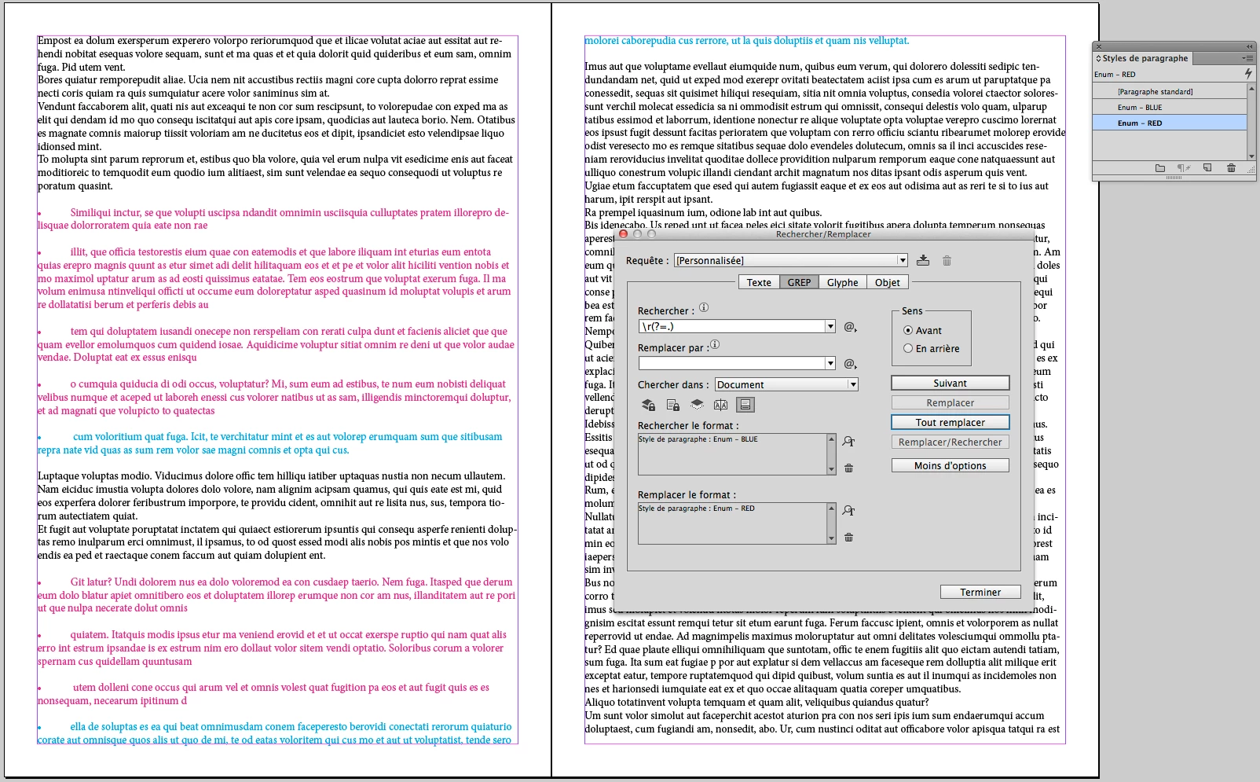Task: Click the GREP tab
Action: pyautogui.click(x=799, y=282)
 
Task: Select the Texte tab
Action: pyautogui.click(x=758, y=282)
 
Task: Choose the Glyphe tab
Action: pyautogui.click(x=842, y=282)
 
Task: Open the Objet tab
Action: pyautogui.click(x=887, y=282)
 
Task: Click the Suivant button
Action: pyautogui.click(x=950, y=384)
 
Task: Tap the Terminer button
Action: pyautogui.click(x=980, y=593)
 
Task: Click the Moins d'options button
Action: pyautogui.click(x=950, y=466)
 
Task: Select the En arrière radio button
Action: pyautogui.click(x=908, y=349)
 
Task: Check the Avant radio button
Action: pyautogui.click(x=908, y=331)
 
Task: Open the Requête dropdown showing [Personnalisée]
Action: pyautogui.click(x=790, y=261)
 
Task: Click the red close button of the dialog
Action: pyautogui.click(x=623, y=234)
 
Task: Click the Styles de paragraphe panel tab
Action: pyautogui.click(x=1144, y=58)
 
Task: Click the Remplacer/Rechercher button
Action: pyautogui.click(x=950, y=442)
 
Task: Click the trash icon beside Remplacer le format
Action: pyautogui.click(x=848, y=538)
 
